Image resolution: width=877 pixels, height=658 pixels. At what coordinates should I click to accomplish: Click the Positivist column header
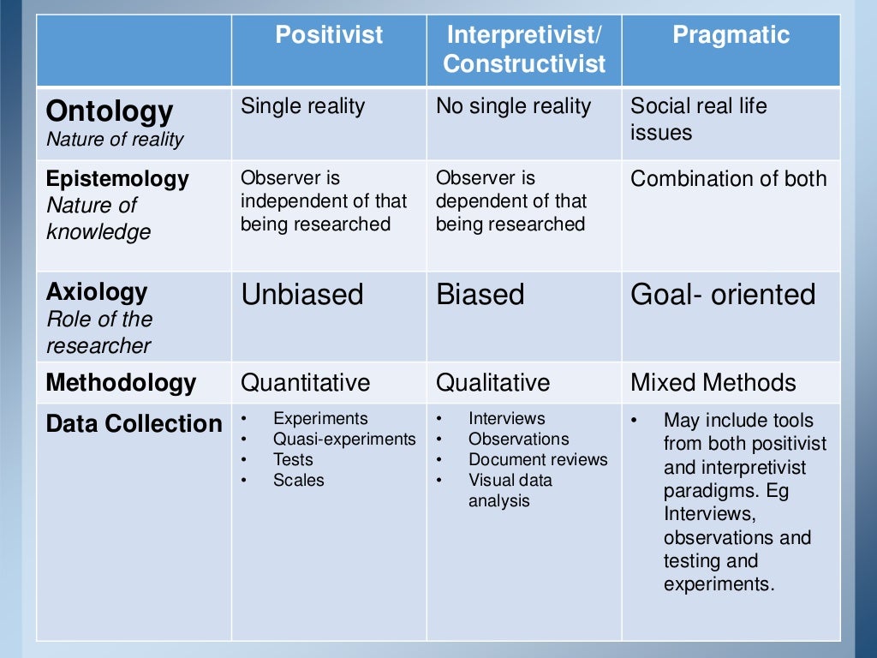pos(329,36)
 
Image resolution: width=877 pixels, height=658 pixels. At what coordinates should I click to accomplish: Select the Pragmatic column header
pos(731,36)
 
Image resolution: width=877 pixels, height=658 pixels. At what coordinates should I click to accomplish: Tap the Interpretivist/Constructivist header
pos(524,50)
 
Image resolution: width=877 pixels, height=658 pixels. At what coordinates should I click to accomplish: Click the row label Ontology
pos(109,111)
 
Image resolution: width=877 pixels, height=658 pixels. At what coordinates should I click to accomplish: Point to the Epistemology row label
pos(117,179)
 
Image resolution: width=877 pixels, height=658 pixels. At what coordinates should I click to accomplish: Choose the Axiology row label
pos(97,292)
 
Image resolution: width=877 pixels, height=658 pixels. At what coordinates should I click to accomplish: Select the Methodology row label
pos(121,382)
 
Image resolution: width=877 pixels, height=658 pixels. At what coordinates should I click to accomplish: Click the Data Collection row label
pos(134,424)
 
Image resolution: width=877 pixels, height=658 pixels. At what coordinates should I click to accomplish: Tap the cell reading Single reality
pos(302,106)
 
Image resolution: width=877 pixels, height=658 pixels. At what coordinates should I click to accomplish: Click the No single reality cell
pos(513,106)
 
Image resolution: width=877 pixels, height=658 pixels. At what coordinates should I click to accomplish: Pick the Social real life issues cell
pos(698,119)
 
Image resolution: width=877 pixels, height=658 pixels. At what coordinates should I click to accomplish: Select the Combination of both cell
pos(729,179)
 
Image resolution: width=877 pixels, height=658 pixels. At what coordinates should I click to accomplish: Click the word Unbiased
pos(302,295)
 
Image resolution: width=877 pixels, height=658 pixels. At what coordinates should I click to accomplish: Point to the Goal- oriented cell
pos(723,295)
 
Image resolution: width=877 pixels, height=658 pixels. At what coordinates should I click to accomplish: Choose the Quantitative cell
pos(305,382)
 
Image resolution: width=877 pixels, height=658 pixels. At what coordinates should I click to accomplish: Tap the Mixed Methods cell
pos(713,382)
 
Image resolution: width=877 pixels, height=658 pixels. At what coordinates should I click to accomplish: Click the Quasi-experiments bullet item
pos(344,440)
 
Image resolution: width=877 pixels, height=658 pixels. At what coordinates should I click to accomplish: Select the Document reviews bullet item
pos(538,460)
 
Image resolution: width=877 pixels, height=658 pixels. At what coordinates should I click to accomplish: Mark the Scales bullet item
pos(298,481)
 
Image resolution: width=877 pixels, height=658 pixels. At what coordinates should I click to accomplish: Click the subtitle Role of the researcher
pos(98,332)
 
